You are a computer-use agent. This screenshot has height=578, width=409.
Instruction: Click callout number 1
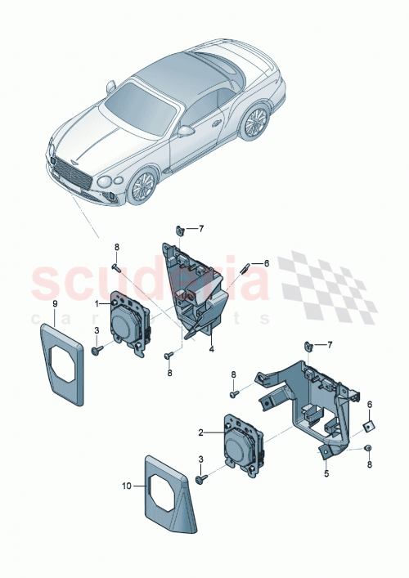coord(97,304)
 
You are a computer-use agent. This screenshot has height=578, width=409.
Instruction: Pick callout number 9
coord(55,304)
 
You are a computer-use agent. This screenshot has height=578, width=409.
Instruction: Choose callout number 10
coord(128,485)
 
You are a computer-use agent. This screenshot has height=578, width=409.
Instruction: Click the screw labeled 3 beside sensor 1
coord(97,350)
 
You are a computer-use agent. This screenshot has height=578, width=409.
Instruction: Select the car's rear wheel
coord(257,122)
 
